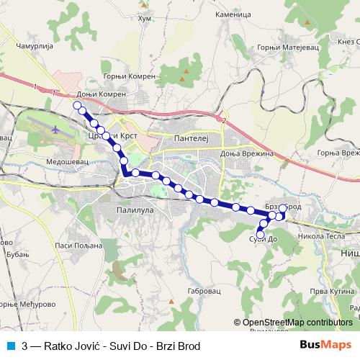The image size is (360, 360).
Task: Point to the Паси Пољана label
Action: [73, 246]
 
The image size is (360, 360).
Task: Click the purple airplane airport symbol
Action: [56, 130]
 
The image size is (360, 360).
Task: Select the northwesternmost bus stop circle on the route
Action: [77, 105]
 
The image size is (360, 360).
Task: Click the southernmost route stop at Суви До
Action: [261, 234]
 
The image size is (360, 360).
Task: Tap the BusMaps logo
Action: [325, 345]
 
